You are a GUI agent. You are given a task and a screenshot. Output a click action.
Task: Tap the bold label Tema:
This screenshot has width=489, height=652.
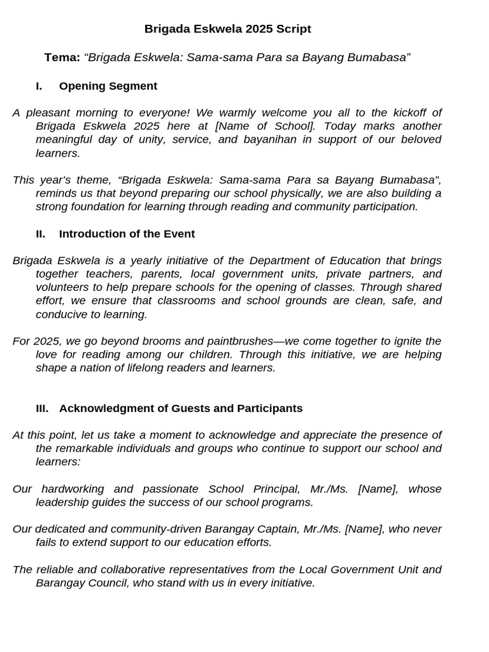62,57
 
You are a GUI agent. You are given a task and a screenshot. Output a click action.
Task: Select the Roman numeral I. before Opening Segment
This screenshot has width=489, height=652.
39,86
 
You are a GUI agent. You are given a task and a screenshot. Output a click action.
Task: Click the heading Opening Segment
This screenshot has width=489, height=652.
108,86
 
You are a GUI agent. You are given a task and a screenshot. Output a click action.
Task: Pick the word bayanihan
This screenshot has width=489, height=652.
270,139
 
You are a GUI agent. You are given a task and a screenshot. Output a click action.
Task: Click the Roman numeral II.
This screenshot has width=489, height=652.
40,234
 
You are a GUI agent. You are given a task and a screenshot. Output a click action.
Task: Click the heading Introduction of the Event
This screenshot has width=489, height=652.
127,234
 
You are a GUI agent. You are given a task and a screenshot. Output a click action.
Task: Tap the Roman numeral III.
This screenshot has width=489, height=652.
42,408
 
